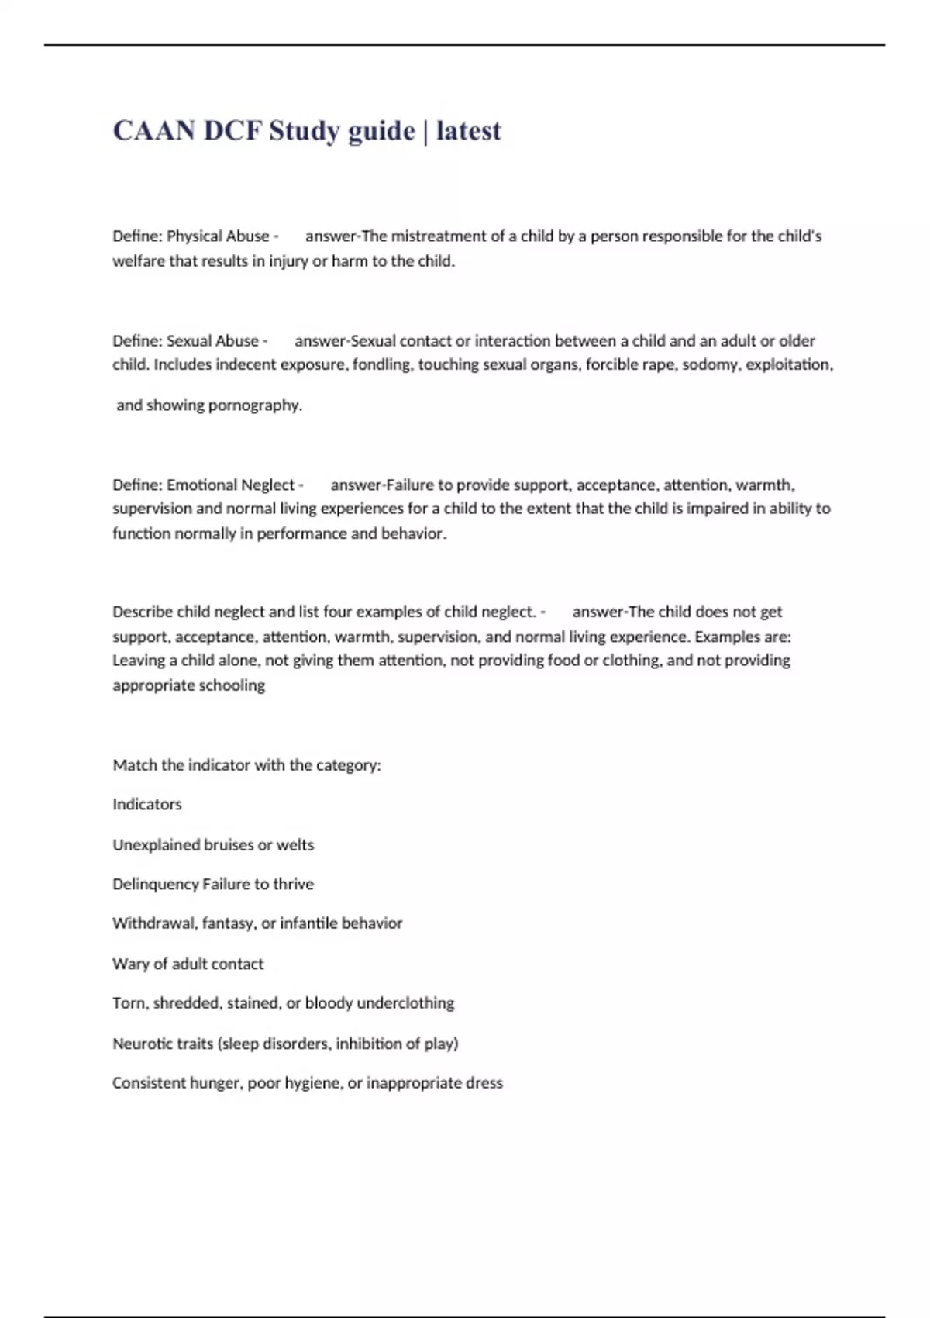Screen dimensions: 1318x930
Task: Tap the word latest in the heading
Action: [468, 131]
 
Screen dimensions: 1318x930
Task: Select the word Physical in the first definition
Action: [193, 236]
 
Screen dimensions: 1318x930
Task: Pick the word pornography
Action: [255, 405]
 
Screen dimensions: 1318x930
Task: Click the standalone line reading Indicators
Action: [147, 804]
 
